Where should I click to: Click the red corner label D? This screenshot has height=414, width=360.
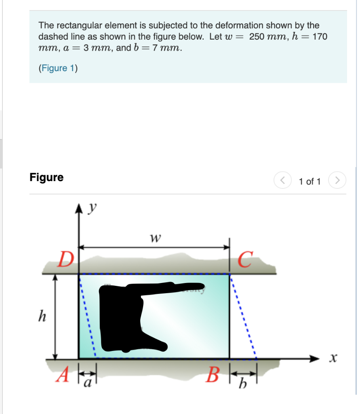click(63, 260)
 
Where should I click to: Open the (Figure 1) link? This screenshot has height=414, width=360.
click(58, 68)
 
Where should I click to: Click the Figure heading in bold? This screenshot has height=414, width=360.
click(46, 177)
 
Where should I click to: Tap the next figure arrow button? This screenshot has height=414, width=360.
click(337, 180)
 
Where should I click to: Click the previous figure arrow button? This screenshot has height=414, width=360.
click(283, 180)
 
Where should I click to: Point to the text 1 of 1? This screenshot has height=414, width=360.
click(309, 181)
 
